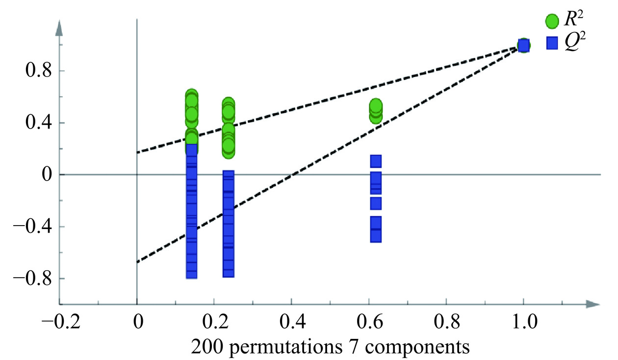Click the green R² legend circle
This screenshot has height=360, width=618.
pyautogui.click(x=552, y=21)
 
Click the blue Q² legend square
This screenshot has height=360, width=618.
pyautogui.click(x=552, y=43)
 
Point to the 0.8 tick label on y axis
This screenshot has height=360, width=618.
pyautogui.click(x=38, y=71)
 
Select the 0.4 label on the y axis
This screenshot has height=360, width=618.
pyautogui.click(x=38, y=123)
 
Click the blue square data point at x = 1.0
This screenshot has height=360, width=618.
pyautogui.click(x=523, y=46)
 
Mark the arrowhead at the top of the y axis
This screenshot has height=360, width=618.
pyautogui.click(x=59, y=29)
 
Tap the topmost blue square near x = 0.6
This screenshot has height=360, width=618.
pyautogui.click(x=376, y=161)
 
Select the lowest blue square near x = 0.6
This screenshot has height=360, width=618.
pyautogui.click(x=376, y=236)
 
